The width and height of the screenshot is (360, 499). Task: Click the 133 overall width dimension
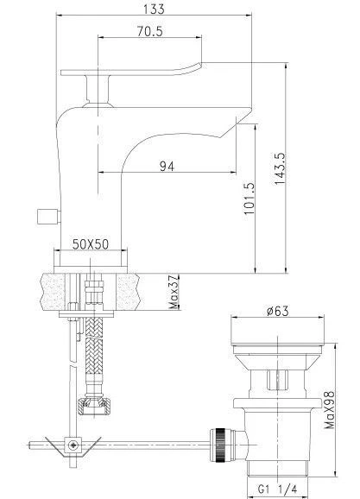(x=154, y=9)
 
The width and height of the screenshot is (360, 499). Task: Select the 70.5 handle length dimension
(x=149, y=31)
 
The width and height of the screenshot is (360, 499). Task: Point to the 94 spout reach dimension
(x=167, y=166)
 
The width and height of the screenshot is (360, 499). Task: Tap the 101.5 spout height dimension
(x=249, y=199)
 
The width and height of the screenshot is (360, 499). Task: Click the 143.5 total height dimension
(x=281, y=168)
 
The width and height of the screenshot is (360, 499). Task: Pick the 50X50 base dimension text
(x=91, y=244)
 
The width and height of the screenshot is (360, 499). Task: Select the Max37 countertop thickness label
(x=174, y=292)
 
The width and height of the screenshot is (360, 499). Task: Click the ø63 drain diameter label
(x=278, y=311)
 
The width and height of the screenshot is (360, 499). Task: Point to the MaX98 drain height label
(x=330, y=409)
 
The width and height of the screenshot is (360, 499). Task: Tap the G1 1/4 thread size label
(x=277, y=490)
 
